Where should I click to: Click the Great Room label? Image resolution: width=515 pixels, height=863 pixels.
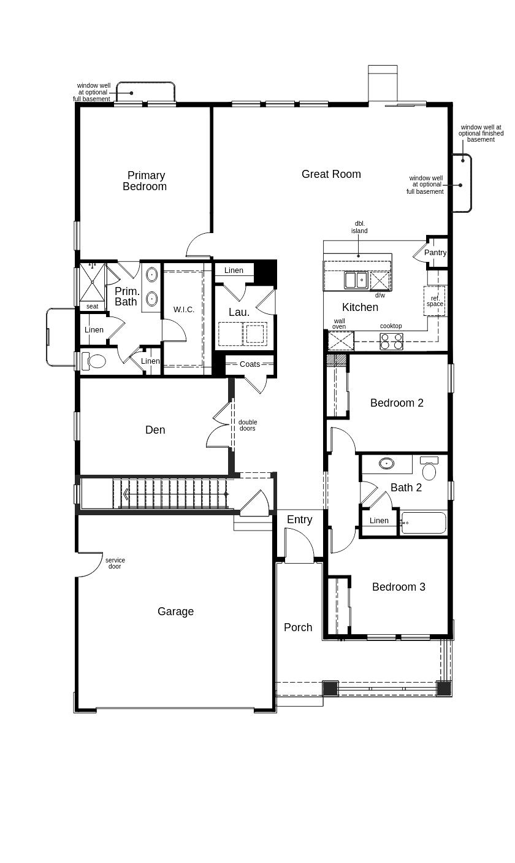click(331, 174)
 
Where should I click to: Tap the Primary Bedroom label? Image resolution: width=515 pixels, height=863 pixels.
click(145, 181)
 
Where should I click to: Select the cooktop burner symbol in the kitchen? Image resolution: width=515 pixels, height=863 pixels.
click(392, 342)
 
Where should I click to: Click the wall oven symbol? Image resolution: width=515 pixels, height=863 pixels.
click(341, 341)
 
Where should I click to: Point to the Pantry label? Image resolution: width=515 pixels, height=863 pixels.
click(435, 253)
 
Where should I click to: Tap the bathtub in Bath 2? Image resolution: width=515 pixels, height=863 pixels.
click(424, 523)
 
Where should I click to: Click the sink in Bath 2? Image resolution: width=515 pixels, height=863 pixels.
click(386, 464)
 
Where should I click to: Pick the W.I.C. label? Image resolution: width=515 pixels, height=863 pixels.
click(183, 310)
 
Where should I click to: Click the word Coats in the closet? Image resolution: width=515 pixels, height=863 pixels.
click(250, 364)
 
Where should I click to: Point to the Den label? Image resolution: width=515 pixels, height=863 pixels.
click(155, 430)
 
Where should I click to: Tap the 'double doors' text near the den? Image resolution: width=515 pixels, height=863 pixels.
click(248, 425)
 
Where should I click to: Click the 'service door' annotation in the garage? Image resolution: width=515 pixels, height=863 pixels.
click(115, 563)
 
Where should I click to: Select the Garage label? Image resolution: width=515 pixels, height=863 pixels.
click(175, 612)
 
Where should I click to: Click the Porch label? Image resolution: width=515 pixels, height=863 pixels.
click(298, 627)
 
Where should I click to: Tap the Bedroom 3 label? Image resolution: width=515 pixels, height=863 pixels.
click(399, 587)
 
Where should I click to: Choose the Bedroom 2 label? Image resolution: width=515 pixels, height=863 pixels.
click(397, 403)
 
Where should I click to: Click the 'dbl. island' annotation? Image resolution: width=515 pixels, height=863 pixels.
click(359, 228)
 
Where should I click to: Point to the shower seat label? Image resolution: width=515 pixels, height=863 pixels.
click(92, 306)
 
